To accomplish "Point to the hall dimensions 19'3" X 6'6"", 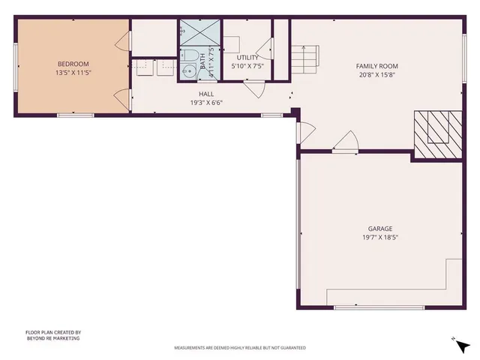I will [x=206, y=103].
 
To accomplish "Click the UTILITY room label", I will [x=247, y=57].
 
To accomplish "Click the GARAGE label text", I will [x=379, y=229].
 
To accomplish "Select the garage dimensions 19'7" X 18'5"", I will [x=379, y=238].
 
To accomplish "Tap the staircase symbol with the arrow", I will [x=305, y=58].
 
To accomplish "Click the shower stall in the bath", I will [x=199, y=33].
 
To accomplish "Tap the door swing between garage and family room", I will [x=346, y=142].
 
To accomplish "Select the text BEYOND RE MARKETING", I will [x=52, y=338].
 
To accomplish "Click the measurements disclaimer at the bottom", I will [x=240, y=348].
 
